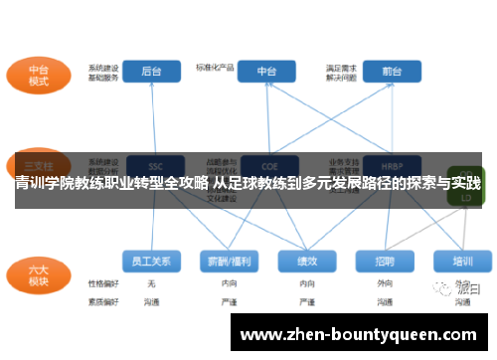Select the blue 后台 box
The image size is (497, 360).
click(x=153, y=72)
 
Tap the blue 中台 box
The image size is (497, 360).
click(x=266, y=72)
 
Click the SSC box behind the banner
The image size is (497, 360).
click(x=153, y=164)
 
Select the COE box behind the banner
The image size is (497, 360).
click(x=266, y=164)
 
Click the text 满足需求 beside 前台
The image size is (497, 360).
click(x=341, y=68)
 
